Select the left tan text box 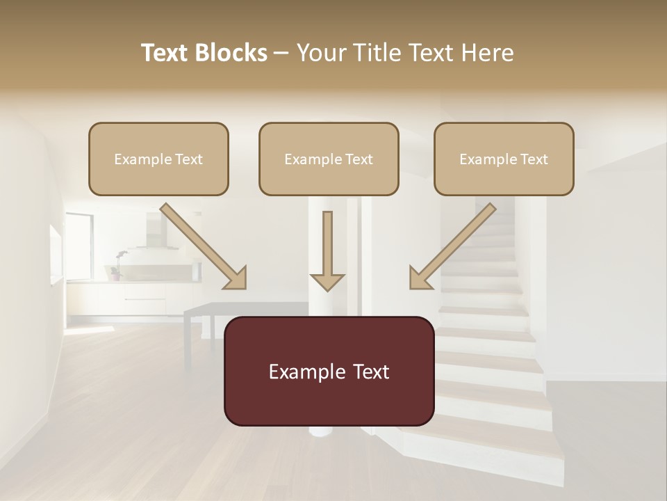click(x=158, y=159)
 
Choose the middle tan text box click(x=329, y=159)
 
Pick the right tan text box click(x=504, y=159)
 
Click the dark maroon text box click(x=329, y=371)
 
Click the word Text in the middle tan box click(x=359, y=159)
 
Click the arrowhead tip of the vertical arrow click(x=327, y=288)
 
